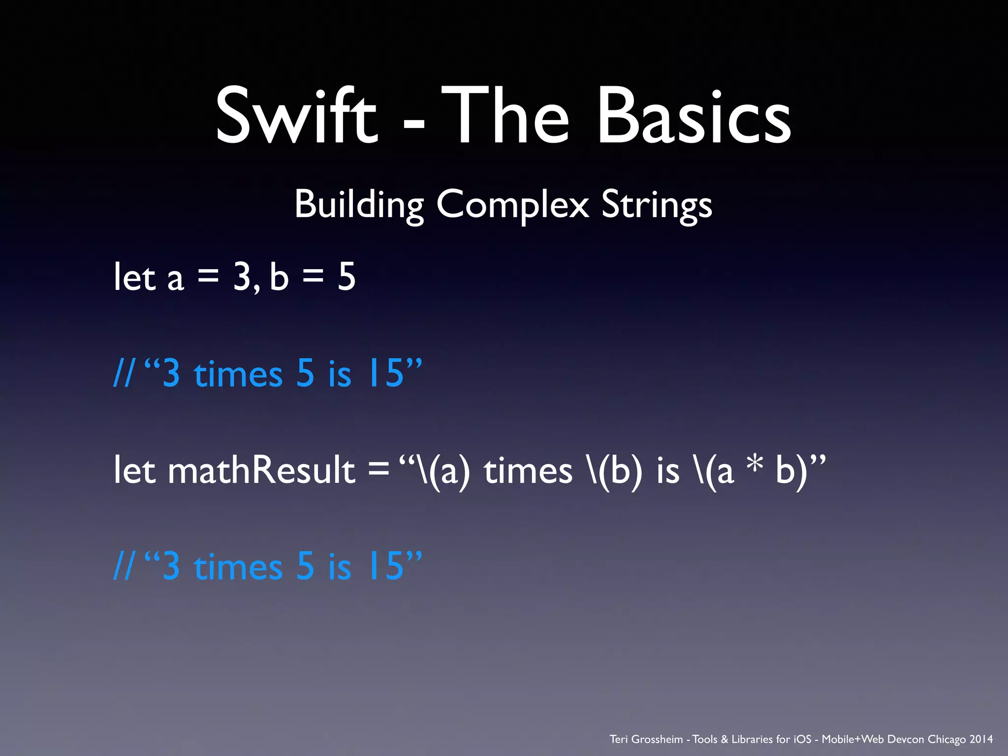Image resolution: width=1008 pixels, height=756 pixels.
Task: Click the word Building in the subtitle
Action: [359, 205]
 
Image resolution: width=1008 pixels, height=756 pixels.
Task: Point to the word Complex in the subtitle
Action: [512, 205]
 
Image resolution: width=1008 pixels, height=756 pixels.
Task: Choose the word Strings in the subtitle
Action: [657, 205]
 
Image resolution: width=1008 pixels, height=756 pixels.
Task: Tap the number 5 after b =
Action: [346, 277]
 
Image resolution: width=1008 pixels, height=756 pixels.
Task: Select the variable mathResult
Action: [261, 470]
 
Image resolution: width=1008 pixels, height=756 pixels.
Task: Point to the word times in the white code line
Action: [528, 470]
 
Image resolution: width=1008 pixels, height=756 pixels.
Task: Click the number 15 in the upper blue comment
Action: [385, 374]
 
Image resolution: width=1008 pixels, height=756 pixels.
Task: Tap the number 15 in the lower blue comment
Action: [385, 567]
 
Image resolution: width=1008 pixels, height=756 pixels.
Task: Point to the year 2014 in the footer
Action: [981, 739]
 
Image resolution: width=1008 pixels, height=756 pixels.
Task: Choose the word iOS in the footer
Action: [802, 739]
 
